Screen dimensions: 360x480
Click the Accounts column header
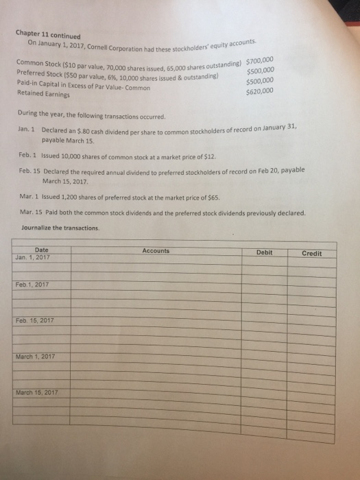[156, 250]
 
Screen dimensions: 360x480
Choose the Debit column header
[264, 252]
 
